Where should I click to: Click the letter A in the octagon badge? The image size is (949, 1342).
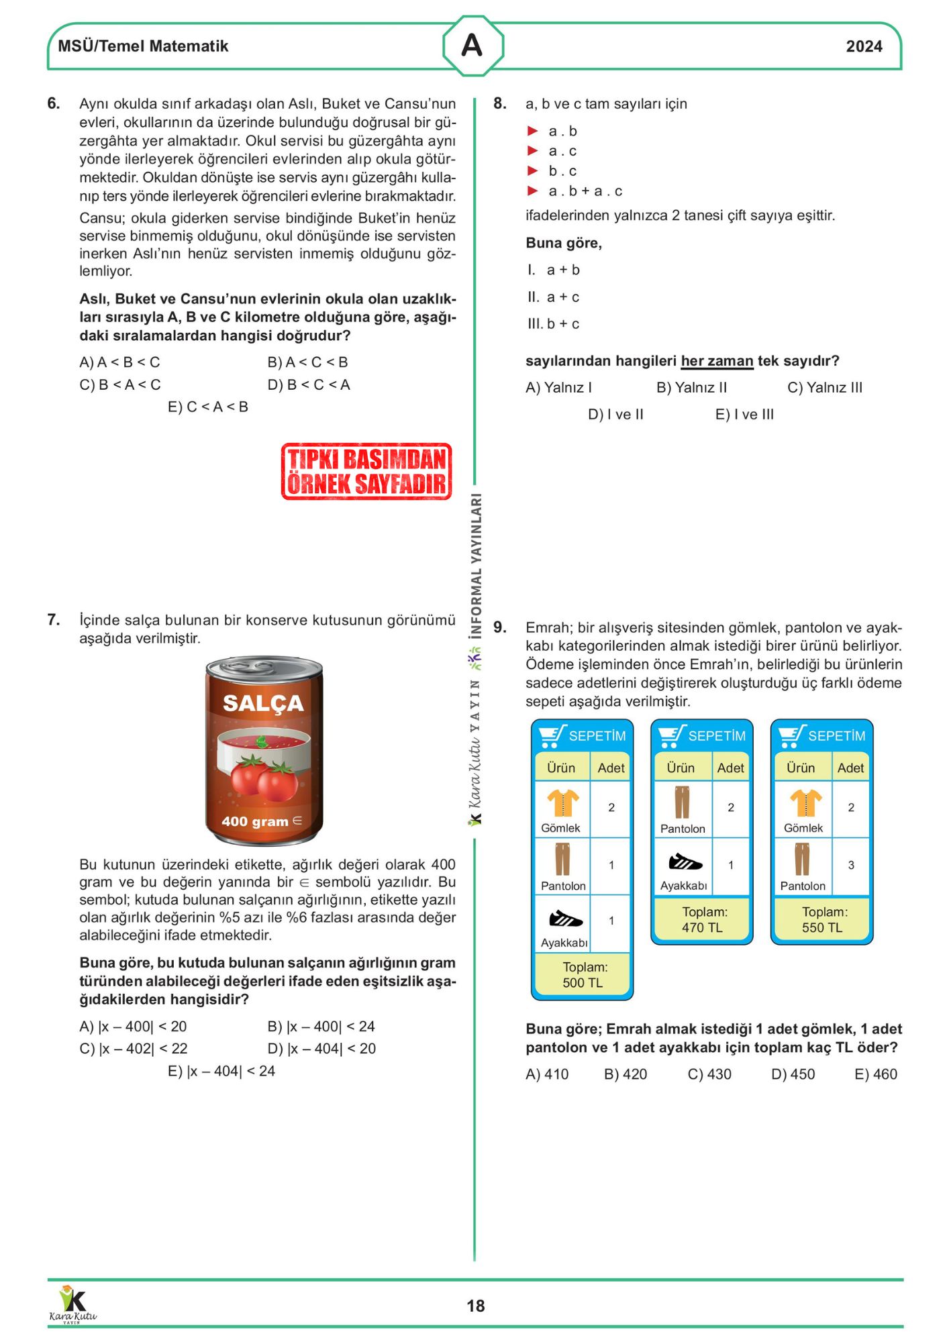(472, 46)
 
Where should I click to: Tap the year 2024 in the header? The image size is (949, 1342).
(864, 46)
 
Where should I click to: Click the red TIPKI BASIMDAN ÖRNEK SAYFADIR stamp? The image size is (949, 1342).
(366, 471)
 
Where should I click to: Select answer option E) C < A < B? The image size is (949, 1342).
(208, 407)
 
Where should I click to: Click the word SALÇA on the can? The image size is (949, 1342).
(263, 703)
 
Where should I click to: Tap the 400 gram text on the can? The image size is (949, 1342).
(255, 821)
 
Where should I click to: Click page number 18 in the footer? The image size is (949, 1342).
(475, 1306)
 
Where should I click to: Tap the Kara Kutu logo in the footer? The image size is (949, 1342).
(72, 1304)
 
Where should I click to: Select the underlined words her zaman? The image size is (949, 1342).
(717, 361)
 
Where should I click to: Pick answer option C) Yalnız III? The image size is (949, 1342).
(825, 387)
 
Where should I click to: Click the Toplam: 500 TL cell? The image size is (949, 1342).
(583, 975)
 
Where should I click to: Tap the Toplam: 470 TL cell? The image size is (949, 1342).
(703, 920)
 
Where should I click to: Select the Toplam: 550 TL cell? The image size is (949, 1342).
(822, 920)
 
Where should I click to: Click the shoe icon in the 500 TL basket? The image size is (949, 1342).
(565, 918)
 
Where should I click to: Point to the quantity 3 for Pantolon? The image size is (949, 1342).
(851, 865)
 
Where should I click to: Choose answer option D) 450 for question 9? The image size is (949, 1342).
(793, 1074)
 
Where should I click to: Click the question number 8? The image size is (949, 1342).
(500, 103)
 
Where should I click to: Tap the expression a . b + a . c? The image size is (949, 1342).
(585, 191)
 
